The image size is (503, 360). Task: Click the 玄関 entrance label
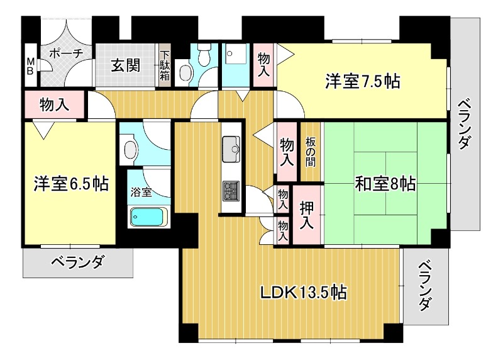[126, 65]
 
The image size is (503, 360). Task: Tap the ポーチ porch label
[67, 53]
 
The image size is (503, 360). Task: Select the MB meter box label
[30, 66]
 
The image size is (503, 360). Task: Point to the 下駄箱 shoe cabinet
[165, 65]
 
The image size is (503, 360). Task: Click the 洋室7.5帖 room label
[363, 82]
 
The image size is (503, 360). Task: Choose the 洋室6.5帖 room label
[71, 184]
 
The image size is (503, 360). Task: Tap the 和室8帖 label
[385, 184]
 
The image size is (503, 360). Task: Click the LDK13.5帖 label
[303, 292]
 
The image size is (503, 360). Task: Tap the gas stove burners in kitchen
[231, 191]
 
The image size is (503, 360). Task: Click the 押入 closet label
[307, 215]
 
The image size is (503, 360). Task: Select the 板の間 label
[310, 152]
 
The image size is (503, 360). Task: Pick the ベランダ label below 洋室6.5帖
[77, 262]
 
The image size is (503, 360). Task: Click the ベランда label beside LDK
[425, 286]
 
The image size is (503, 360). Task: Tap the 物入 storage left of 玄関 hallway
[54, 104]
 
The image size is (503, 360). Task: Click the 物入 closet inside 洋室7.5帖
[263, 65]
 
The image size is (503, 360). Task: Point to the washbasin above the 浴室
[131, 149]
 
